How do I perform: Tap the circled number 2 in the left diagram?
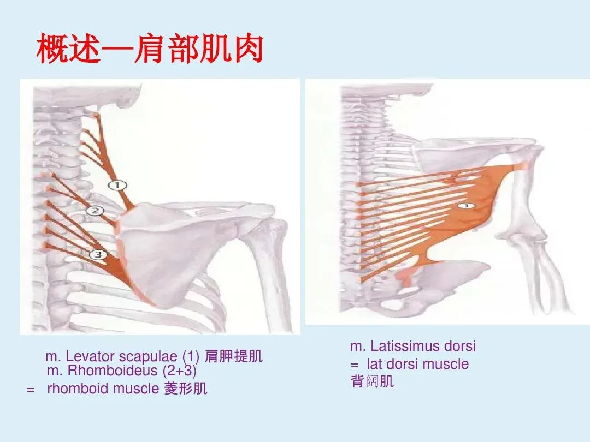95,211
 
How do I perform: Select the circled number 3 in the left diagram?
97,254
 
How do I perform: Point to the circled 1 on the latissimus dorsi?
464,206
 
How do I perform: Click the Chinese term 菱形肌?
186,389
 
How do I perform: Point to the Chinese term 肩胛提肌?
233,357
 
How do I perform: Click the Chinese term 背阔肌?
372,381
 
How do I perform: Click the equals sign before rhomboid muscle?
31,389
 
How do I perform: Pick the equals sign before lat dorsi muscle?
354,364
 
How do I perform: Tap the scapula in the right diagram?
464,153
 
